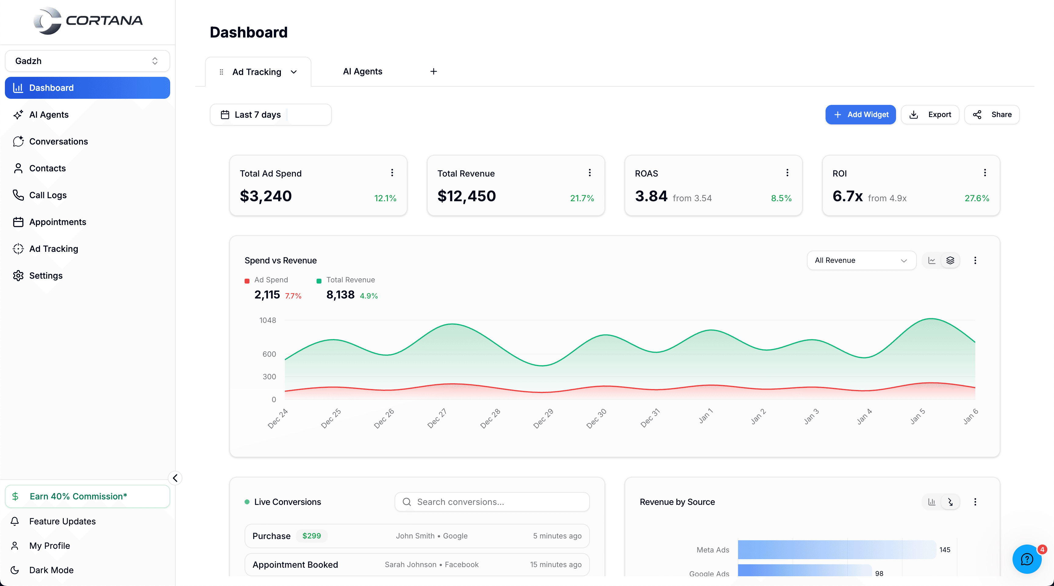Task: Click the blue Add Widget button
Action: (x=860, y=115)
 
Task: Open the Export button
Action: (x=930, y=115)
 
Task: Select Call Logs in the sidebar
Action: (x=48, y=195)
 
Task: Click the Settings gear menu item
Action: (x=45, y=276)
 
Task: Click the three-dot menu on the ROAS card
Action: (x=787, y=173)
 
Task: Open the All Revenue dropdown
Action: (x=861, y=260)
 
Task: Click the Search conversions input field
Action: (x=492, y=502)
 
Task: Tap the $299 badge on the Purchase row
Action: (x=311, y=536)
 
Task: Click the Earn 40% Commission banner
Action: (x=87, y=496)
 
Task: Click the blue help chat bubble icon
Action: (x=1027, y=559)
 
